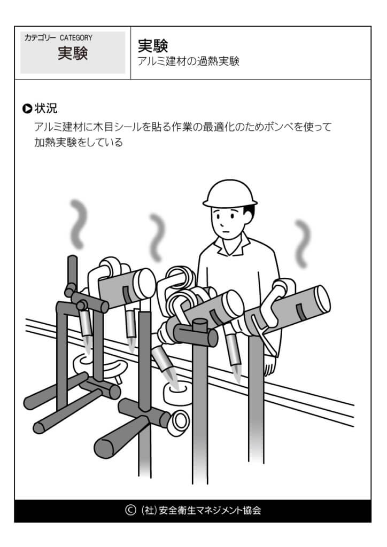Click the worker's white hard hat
point(230,194)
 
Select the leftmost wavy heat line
point(79,223)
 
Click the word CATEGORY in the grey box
point(76,38)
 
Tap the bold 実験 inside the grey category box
point(72,53)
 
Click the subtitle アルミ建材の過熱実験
point(189,61)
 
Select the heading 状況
point(46,108)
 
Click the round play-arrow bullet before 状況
point(27,108)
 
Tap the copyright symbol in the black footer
point(130,510)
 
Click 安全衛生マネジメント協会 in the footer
point(210,510)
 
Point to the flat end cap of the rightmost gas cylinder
point(322,299)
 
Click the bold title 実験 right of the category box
point(153,45)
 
